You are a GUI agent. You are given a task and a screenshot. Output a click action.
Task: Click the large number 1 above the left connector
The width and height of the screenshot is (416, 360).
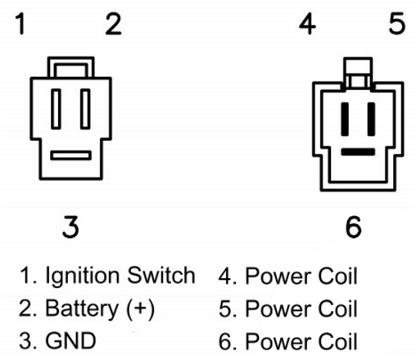click(21, 24)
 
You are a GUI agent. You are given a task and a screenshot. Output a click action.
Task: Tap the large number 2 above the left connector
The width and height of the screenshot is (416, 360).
click(113, 24)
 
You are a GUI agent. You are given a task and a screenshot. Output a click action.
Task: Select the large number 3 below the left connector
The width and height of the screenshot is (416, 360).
click(70, 227)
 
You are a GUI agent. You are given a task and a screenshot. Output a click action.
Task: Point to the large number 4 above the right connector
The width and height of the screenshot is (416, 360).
click(307, 24)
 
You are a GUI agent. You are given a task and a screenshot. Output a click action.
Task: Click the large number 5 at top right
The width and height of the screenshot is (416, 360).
click(396, 24)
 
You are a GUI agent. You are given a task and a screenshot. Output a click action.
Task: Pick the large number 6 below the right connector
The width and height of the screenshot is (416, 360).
click(354, 227)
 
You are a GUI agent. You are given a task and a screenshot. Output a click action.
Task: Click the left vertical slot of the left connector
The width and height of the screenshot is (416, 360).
click(56, 109)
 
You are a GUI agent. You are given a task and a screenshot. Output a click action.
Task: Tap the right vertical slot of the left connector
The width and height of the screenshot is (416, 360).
click(85, 109)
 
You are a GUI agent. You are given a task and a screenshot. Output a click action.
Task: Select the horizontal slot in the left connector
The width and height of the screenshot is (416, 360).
click(70, 155)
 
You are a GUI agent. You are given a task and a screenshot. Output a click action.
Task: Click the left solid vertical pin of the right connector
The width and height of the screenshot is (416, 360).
click(345, 119)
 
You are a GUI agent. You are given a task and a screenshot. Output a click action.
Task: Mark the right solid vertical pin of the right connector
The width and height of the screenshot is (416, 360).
click(371, 119)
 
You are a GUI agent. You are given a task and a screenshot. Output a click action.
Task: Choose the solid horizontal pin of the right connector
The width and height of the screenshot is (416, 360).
click(358, 152)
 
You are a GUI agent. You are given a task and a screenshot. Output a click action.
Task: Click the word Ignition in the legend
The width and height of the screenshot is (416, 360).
click(83, 276)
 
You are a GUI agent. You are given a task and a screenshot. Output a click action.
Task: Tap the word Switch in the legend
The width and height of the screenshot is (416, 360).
click(161, 275)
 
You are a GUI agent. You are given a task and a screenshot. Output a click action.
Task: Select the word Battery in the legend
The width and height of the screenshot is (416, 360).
click(82, 308)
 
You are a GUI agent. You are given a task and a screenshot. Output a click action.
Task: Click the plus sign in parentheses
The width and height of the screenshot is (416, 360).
click(140, 309)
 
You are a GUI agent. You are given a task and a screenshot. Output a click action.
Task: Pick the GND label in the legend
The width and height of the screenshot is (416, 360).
click(70, 340)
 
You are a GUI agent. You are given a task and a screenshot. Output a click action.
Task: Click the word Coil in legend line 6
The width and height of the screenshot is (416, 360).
click(337, 341)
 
